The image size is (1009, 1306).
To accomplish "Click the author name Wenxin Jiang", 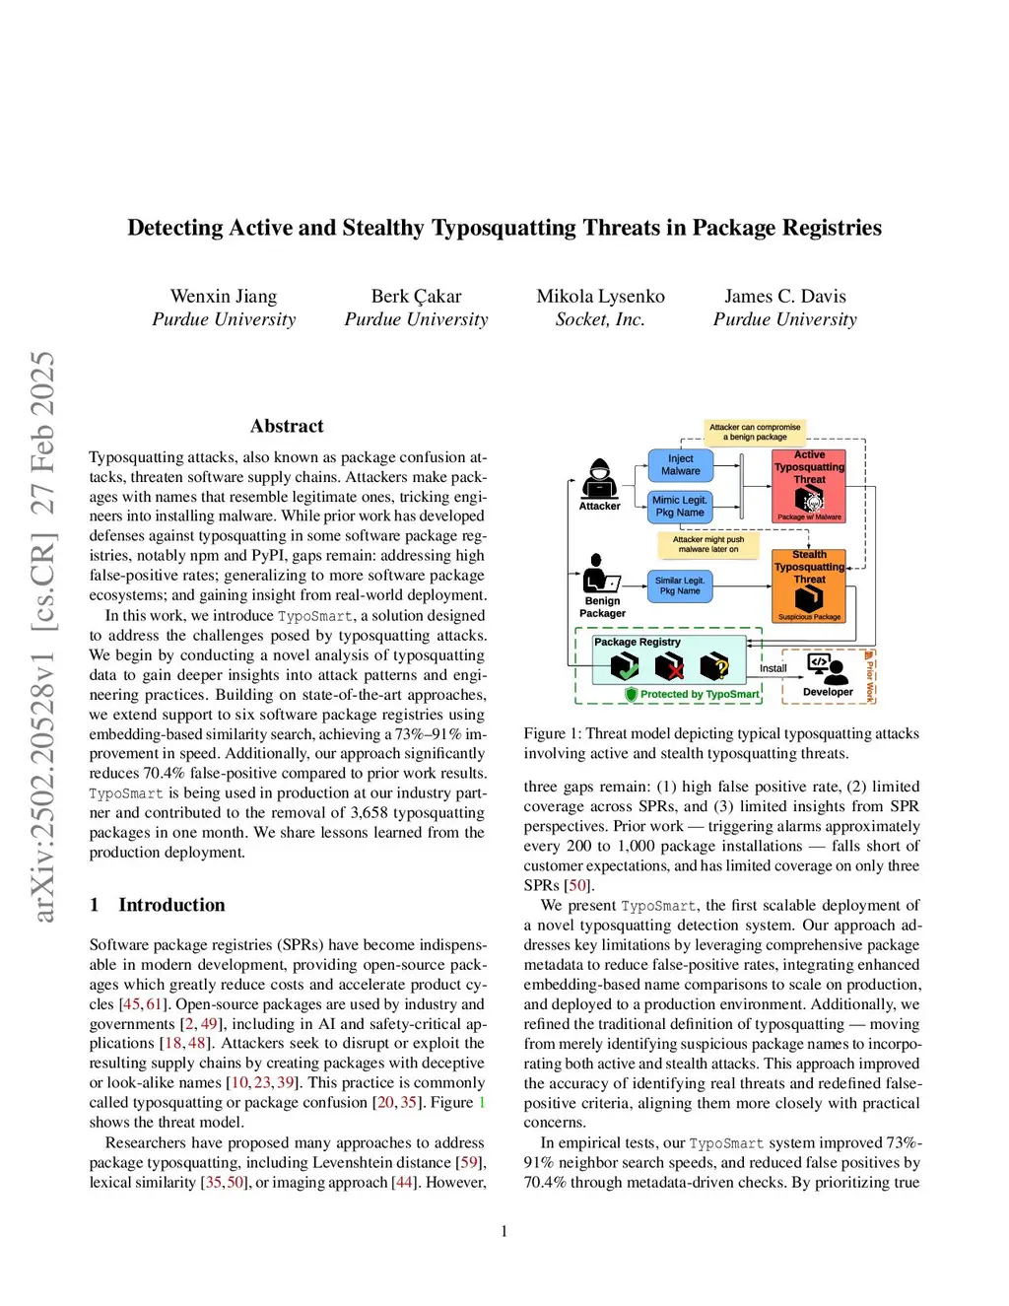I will tap(224, 296).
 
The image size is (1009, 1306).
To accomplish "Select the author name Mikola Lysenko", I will tap(600, 296).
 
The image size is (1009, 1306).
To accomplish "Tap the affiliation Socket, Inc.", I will tap(600, 319).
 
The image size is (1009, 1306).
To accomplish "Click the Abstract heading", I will tap(287, 426).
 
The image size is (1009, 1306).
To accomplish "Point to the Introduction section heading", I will tap(171, 905).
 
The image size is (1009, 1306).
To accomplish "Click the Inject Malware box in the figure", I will tap(680, 465).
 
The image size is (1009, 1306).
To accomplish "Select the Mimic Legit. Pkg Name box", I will tap(680, 507).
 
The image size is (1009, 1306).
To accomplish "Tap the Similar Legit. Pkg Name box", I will tap(680, 585).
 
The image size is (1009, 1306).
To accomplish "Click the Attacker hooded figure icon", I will tap(599, 478).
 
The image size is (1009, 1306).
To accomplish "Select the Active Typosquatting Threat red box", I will tap(809, 485).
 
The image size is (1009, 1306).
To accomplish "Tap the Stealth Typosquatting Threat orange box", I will tap(809, 585).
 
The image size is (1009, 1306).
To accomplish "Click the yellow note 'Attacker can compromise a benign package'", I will tap(755, 432).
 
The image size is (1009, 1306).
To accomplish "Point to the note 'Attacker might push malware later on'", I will tap(707, 544).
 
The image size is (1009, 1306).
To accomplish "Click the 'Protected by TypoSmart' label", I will tap(699, 694).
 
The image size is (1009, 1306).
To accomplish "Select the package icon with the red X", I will tap(670, 667).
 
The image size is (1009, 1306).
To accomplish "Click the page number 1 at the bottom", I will tap(504, 1231).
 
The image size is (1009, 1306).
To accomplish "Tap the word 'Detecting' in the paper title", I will tap(175, 228).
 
